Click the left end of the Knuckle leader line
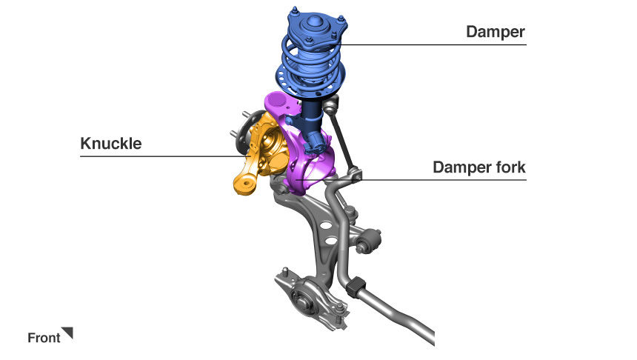coord(81,156)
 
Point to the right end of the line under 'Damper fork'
coord(526,179)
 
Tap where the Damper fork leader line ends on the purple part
coord(296,179)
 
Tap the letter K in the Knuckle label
coord(85,144)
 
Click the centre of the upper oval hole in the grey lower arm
coord(325,225)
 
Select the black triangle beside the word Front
coord(67,333)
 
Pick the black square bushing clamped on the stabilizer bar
coord(356,287)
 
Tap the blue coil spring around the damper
coord(310,65)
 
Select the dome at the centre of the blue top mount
coord(313,22)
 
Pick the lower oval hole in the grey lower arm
coord(330,241)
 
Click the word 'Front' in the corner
coord(44,338)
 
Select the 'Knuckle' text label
coord(111,144)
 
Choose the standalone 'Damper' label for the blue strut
coord(496,32)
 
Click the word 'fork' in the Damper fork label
coord(510,167)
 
